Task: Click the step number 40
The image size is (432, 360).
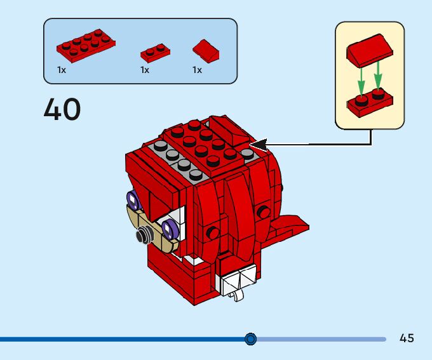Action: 62,110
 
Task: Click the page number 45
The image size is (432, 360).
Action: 407,338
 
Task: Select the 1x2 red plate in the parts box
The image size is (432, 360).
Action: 155,51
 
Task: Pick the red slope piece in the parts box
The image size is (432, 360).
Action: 206,50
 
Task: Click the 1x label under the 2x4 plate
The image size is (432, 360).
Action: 62,70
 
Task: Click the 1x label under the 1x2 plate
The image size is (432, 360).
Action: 145,70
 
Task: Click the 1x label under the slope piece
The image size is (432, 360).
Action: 197,70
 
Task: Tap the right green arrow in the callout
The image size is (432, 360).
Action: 378,75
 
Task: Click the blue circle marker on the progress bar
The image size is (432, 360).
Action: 250,339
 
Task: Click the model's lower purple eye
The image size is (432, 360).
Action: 169,227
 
